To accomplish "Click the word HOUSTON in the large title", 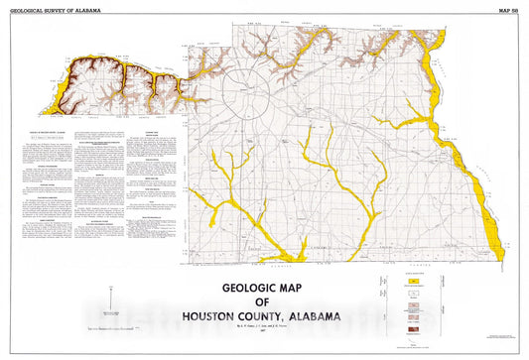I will pyautogui.click(x=215, y=317).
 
